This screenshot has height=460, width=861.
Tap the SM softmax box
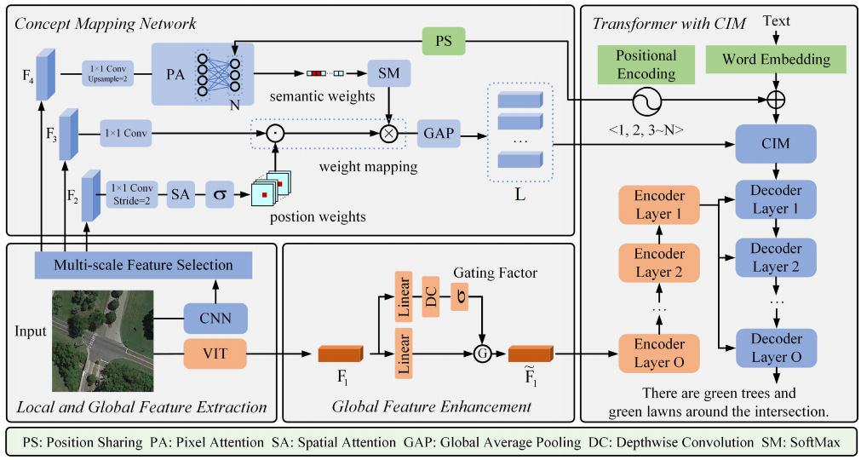pyautogui.click(x=388, y=75)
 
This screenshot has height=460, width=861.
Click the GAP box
pyautogui.click(x=439, y=134)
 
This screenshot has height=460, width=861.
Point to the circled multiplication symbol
pyautogui.click(x=389, y=134)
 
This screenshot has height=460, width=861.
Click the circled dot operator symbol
pyautogui.click(x=274, y=134)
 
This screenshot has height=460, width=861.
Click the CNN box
pyautogui.click(x=215, y=320)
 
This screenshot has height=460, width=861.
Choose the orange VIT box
pyautogui.click(x=215, y=350)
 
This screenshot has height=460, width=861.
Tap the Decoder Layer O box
pyautogui.click(x=776, y=348)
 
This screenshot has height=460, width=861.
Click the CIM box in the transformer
pyautogui.click(x=776, y=144)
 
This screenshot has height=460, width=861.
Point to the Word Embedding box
pyautogui.click(x=776, y=59)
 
